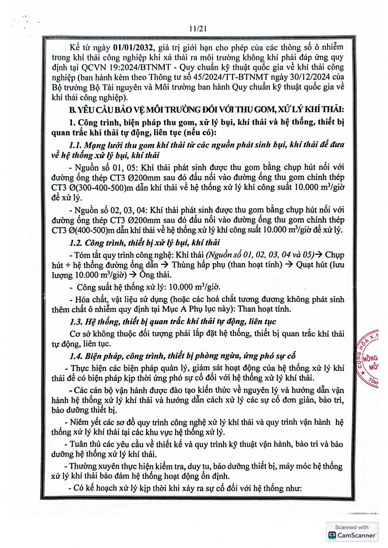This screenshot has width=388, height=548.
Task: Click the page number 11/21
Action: pos(197,29)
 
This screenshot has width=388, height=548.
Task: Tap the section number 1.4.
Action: pos(76,356)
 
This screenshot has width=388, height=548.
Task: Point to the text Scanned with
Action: pos(351,527)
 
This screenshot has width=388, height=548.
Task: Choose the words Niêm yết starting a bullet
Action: pos(84,422)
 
